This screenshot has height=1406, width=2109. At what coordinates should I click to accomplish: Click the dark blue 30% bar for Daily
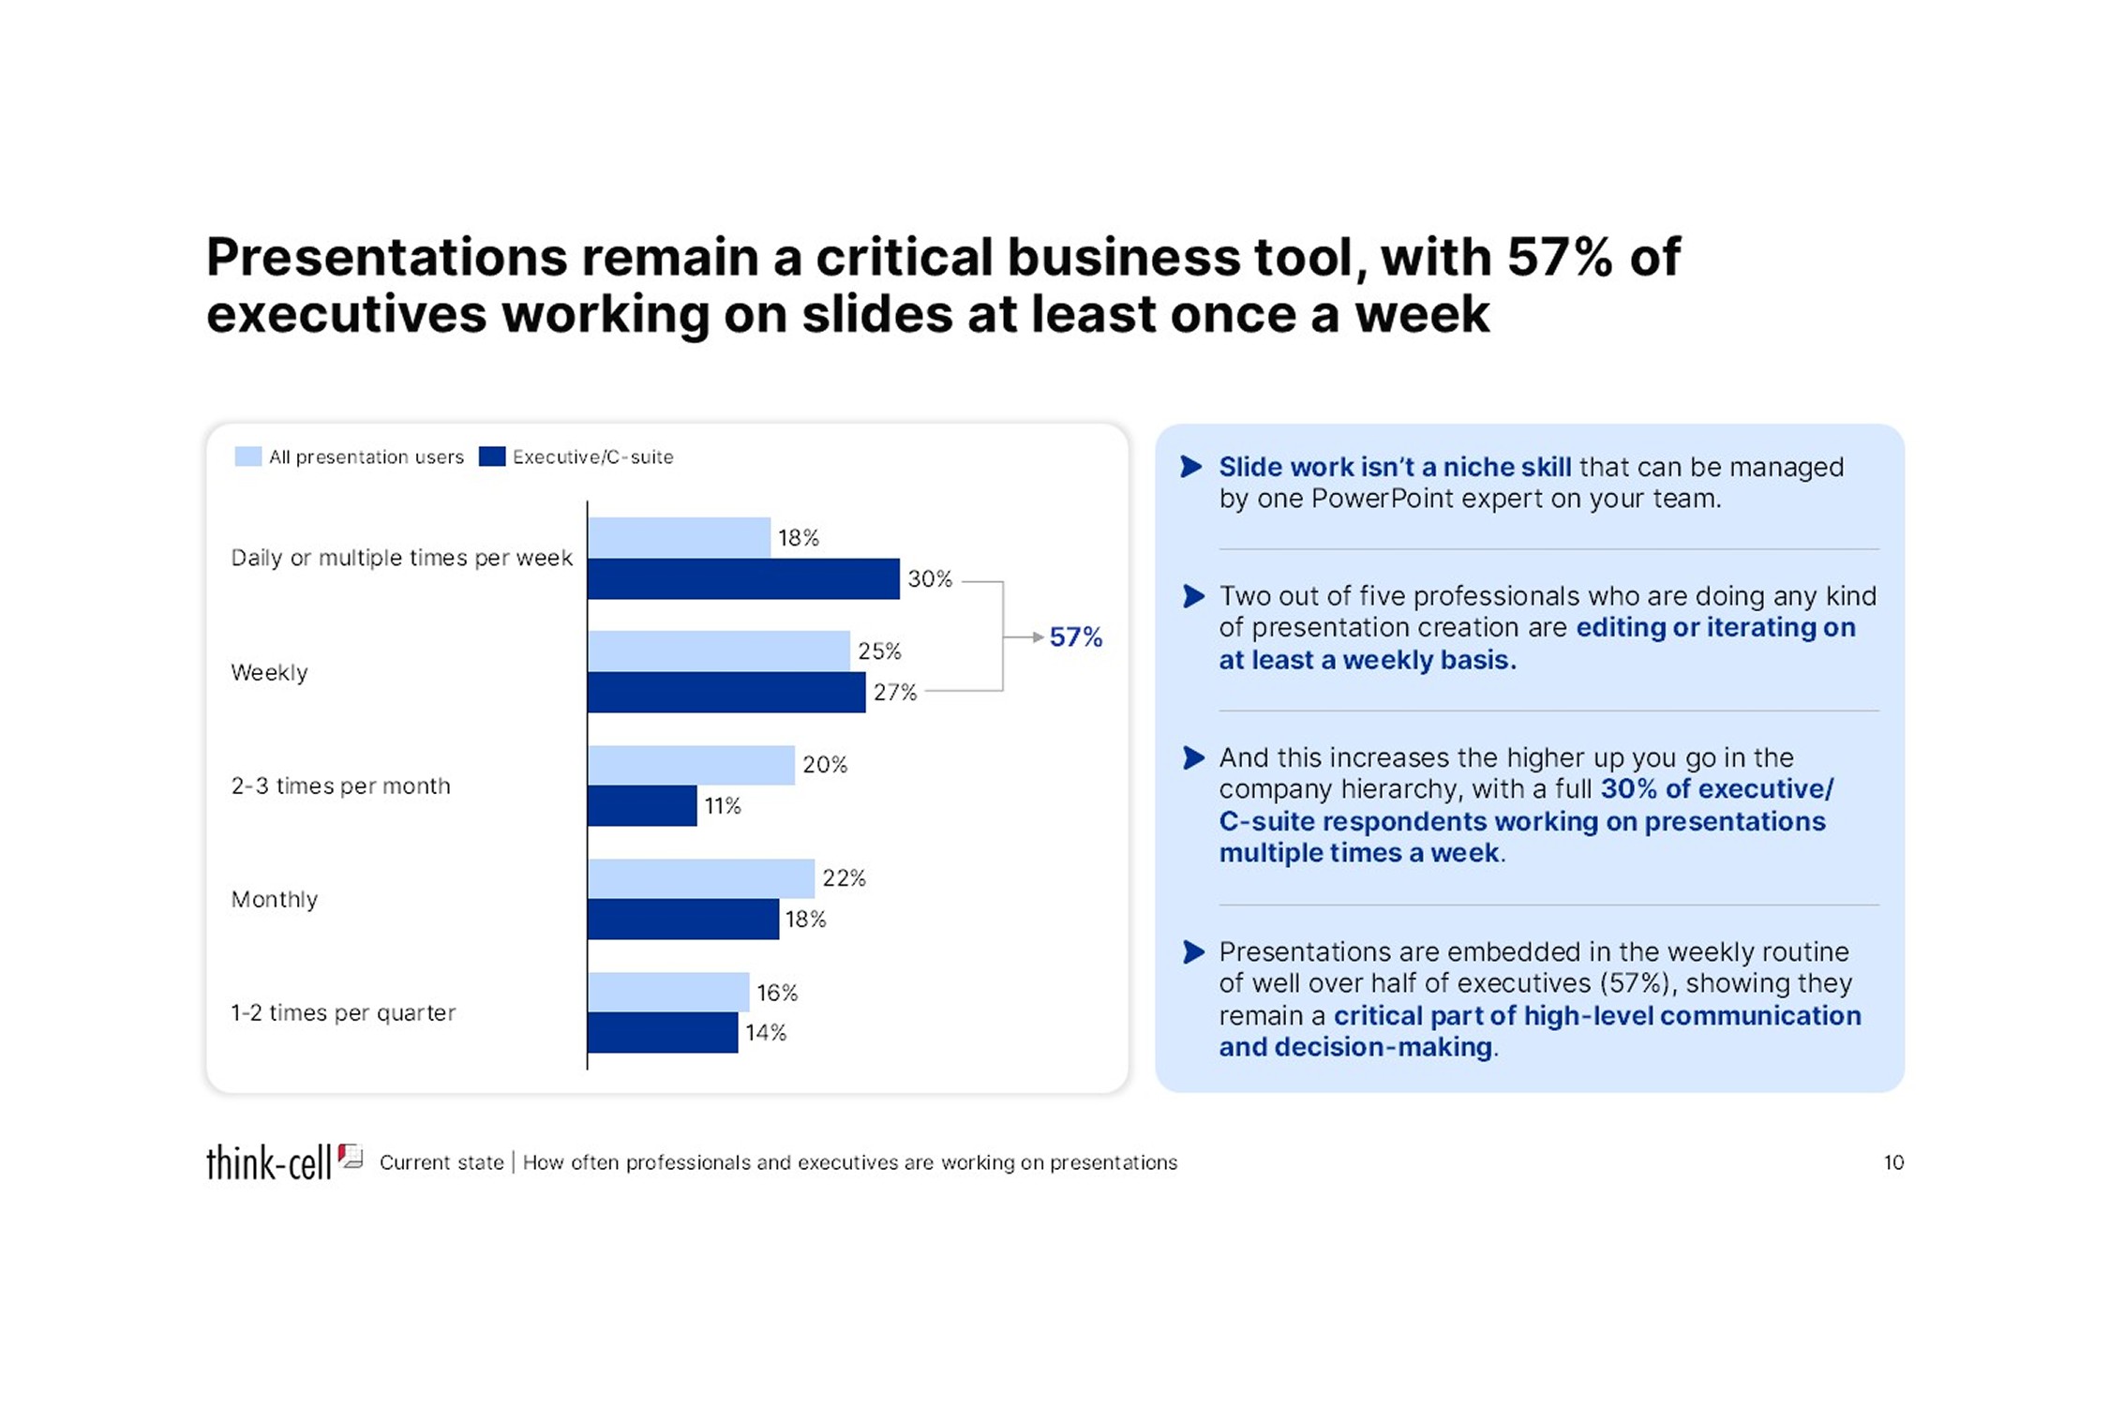click(x=743, y=578)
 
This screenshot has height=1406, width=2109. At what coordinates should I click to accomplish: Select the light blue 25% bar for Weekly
click(x=719, y=651)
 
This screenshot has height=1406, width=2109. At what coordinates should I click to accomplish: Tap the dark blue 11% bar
click(x=642, y=806)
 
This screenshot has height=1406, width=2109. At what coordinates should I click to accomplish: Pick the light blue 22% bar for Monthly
click(x=701, y=878)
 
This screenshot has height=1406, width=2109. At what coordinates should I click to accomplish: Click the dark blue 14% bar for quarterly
click(x=663, y=1032)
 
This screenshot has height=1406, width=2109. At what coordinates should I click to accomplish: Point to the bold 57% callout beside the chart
click(x=1075, y=637)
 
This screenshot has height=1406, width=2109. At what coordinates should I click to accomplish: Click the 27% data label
click(x=895, y=693)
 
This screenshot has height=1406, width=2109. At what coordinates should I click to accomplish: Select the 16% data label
click(x=777, y=993)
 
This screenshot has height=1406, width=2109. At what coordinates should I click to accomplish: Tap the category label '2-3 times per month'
click(x=340, y=785)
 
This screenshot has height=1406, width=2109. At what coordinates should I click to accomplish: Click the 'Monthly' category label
click(x=274, y=900)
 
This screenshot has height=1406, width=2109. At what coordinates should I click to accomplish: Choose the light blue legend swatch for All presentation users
click(x=248, y=456)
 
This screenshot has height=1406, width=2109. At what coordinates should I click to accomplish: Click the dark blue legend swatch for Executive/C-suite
click(x=492, y=456)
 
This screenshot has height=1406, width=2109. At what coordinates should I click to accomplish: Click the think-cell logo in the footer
click(x=284, y=1161)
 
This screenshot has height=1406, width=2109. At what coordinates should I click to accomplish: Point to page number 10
click(x=1893, y=1162)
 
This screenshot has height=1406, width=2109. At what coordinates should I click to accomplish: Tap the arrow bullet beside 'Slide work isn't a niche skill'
click(x=1191, y=467)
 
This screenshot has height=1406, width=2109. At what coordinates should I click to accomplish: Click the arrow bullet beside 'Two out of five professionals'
click(x=1192, y=596)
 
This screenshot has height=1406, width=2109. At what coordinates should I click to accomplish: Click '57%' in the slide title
click(x=1560, y=257)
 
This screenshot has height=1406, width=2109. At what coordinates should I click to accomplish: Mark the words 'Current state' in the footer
click(x=441, y=1162)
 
